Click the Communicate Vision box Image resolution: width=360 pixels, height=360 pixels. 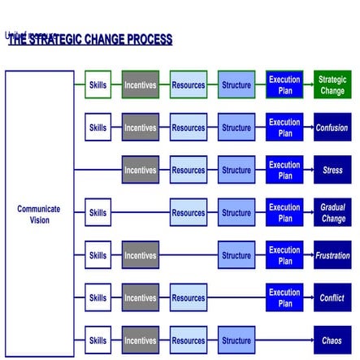coord(39,214)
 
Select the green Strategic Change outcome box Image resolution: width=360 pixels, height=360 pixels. coord(332,85)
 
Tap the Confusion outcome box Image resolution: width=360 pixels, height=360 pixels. coord(332,128)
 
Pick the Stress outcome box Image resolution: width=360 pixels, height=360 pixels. coord(332,170)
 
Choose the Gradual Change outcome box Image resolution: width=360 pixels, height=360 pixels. coord(332,213)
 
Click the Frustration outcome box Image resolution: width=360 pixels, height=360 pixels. coord(332,255)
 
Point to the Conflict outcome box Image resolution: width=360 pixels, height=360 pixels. coord(332,297)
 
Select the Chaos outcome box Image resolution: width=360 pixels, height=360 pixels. coord(332,340)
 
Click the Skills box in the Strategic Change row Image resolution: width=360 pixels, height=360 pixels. coord(98,85)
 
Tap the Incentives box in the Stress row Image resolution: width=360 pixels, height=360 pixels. coord(141,170)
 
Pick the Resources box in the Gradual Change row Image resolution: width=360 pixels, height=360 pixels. coord(189,213)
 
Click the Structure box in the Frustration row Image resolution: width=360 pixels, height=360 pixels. coord(236,255)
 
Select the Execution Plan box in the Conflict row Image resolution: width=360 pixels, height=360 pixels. coord(284,297)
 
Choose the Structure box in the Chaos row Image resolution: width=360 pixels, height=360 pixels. coord(236,340)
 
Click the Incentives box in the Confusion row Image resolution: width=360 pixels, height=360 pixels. coord(141,128)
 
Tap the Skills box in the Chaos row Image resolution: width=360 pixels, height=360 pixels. coord(98,340)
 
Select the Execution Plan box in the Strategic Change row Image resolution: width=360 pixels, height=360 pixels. coord(284,85)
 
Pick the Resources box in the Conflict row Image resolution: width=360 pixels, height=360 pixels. coord(189,297)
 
